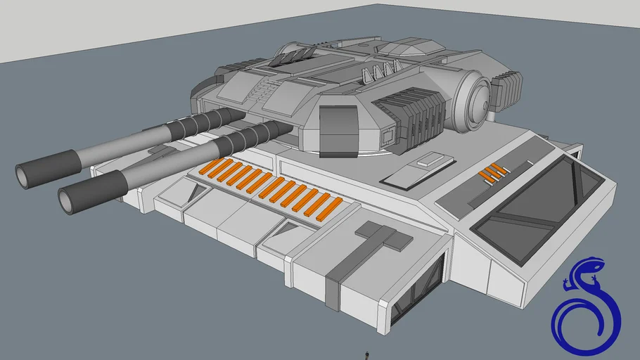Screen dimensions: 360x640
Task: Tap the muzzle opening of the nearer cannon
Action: click(68, 201)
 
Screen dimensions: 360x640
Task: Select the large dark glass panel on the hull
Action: click(536, 209)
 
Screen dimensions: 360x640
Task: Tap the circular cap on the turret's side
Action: click(477, 102)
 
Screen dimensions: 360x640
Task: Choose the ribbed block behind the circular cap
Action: click(508, 89)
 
